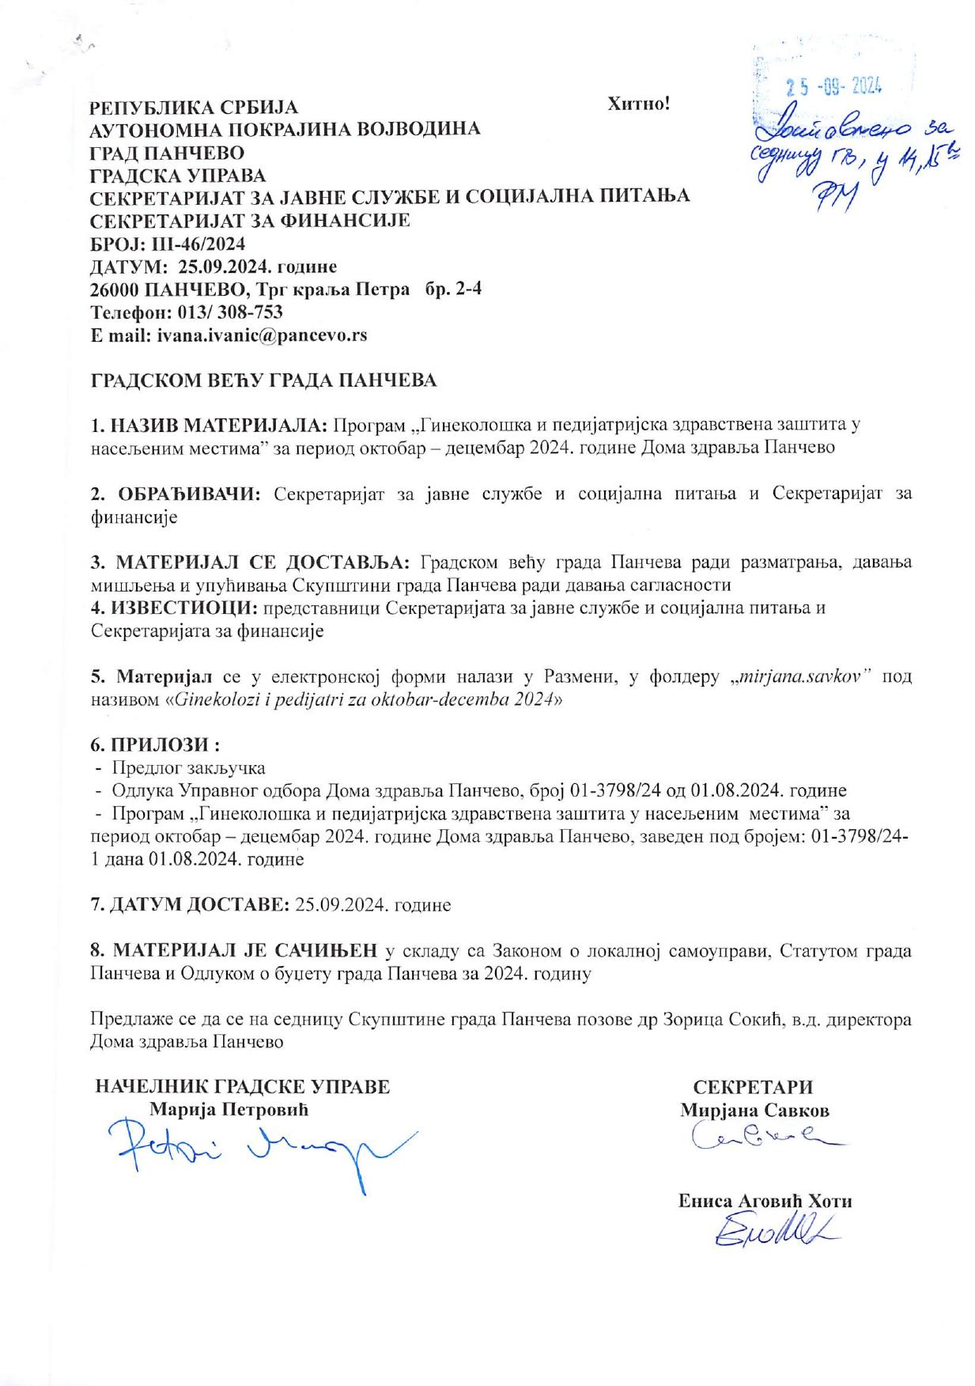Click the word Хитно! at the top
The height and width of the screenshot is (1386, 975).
tap(638, 104)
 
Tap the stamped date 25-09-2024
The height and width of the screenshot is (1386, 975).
tap(833, 86)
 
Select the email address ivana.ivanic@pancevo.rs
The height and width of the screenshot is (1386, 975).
tap(262, 335)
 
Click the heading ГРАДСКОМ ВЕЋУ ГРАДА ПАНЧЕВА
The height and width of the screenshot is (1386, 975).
tap(264, 381)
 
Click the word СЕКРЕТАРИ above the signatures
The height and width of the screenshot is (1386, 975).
tap(753, 1087)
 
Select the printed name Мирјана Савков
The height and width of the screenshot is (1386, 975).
tap(754, 1110)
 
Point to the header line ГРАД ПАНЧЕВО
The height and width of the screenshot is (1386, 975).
tap(168, 152)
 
